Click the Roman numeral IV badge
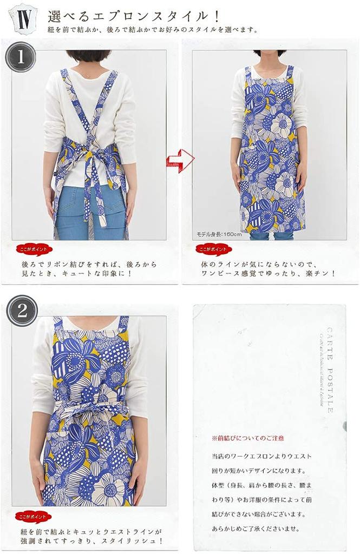[23, 19]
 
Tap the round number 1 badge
[21, 57]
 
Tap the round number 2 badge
[22, 311]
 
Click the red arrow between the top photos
[180, 160]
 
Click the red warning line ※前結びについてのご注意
[247, 438]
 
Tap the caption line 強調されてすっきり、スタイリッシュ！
[92, 540]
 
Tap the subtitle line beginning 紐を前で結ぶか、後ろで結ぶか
[153, 30]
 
